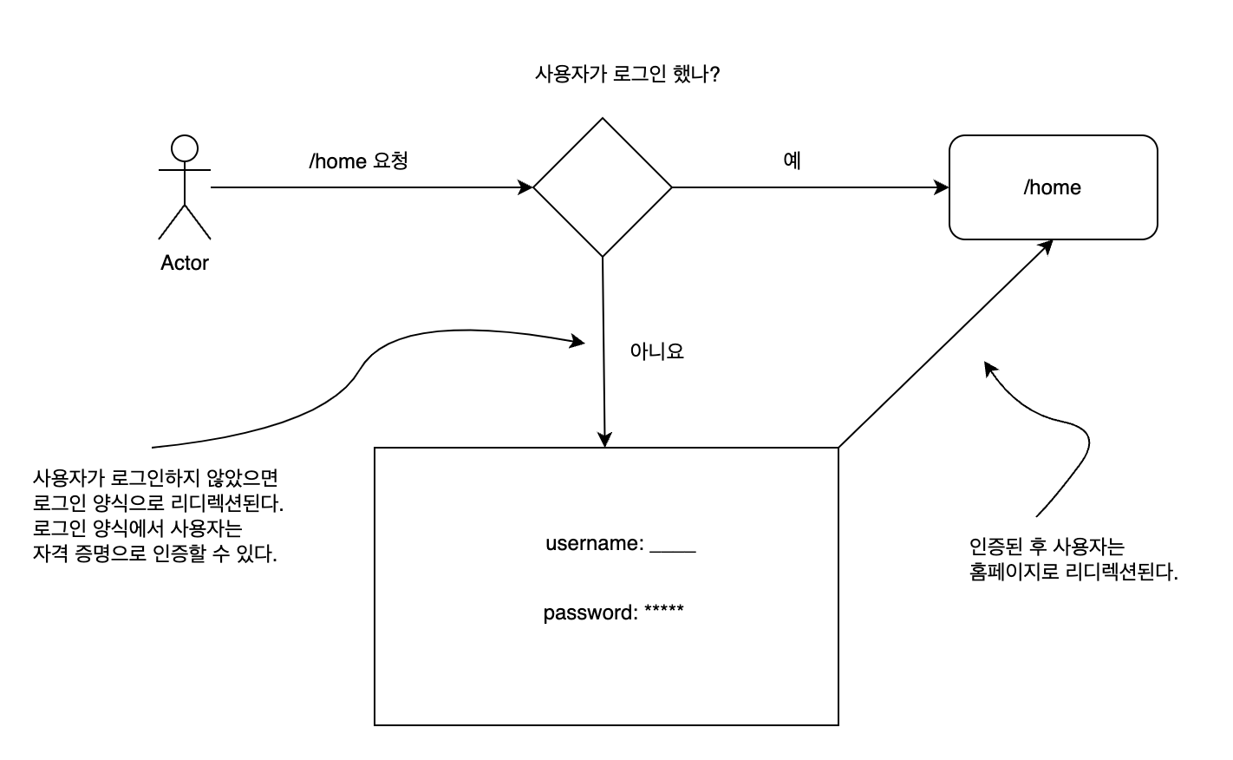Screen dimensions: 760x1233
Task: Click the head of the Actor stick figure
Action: (184, 147)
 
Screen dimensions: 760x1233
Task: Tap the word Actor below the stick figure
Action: (185, 263)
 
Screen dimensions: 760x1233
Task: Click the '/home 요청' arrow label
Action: (358, 161)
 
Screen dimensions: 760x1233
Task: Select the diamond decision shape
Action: (603, 187)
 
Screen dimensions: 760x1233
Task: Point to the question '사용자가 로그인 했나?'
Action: (628, 75)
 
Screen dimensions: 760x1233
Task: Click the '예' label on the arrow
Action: (792, 161)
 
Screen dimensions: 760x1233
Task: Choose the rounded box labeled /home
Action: (1053, 187)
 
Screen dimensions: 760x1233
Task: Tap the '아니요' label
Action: (656, 351)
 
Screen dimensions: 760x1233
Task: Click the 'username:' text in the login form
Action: (594, 544)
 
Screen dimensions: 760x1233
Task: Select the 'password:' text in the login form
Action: (590, 613)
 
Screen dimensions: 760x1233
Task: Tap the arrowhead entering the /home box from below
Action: (1046, 246)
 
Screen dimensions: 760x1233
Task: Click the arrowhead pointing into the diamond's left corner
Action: (525, 187)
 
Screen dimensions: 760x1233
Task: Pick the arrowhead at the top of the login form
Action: (604, 440)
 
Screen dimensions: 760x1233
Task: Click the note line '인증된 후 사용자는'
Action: (1046, 547)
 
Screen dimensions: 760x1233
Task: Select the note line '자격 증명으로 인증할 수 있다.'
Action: (155, 554)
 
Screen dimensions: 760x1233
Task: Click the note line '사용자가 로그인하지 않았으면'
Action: (155, 478)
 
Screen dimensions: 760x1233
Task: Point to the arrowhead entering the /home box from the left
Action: (942, 187)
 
